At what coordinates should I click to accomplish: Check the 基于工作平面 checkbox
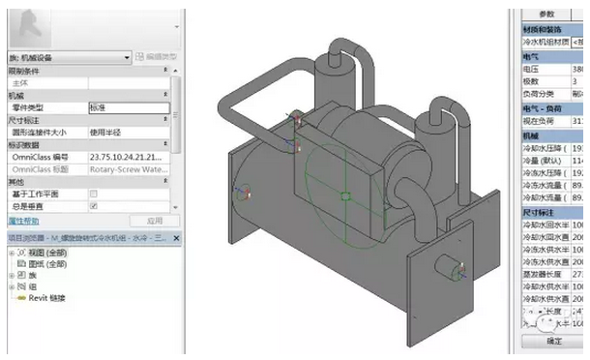tap(93, 194)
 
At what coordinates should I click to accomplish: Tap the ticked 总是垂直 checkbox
tap(93, 206)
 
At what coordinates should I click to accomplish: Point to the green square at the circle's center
tap(345, 196)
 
